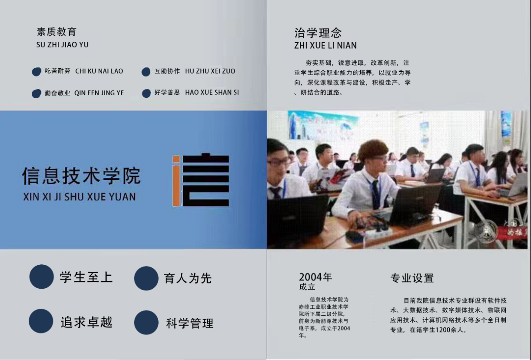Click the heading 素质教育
(x=56, y=32)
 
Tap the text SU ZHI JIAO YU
(x=62, y=45)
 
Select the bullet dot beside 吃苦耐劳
(x=37, y=72)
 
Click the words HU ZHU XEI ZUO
(x=210, y=71)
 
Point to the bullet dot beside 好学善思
(x=146, y=93)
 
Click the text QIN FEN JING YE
(x=99, y=93)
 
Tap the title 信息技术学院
(x=81, y=176)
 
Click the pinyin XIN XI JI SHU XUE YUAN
(x=80, y=197)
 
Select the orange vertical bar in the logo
(x=176, y=181)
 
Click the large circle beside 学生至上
(x=41, y=277)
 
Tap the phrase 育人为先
(x=188, y=278)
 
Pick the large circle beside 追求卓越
(x=41, y=321)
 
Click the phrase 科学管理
(x=189, y=323)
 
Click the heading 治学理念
(x=318, y=33)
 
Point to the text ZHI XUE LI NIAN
(x=325, y=46)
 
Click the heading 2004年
(x=315, y=277)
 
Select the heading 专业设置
(x=412, y=278)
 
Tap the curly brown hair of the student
(x=373, y=150)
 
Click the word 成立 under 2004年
(x=307, y=287)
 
